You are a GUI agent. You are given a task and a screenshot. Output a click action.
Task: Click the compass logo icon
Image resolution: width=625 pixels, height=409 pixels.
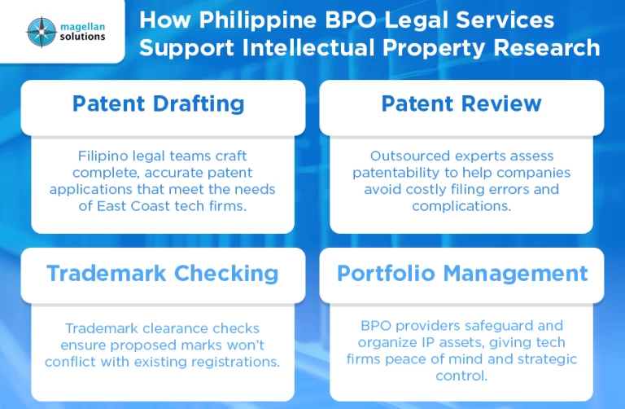pyautogui.click(x=42, y=33)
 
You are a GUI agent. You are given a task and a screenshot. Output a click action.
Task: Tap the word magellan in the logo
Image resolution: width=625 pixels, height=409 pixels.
pyautogui.click(x=82, y=27)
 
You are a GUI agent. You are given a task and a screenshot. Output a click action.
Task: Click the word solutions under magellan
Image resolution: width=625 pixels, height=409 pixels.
pyautogui.click(x=82, y=37)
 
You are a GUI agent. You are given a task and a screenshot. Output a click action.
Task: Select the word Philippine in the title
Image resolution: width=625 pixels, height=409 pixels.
pyautogui.click(x=257, y=20)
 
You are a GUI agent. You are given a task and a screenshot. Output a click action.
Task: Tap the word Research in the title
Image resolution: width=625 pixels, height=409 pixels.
pyautogui.click(x=547, y=48)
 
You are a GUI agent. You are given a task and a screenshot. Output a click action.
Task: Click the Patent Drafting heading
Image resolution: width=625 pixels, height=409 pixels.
pyautogui.click(x=158, y=103)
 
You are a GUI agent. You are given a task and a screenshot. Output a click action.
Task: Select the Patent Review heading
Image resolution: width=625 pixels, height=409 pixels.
pyautogui.click(x=461, y=103)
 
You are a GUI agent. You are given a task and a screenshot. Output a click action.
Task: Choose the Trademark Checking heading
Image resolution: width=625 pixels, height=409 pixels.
pyautogui.click(x=162, y=273)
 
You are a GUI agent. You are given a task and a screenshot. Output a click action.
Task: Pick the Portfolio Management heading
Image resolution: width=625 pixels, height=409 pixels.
pyautogui.click(x=462, y=274)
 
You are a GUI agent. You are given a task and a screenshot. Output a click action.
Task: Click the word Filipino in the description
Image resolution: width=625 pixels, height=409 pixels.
pyautogui.click(x=103, y=156)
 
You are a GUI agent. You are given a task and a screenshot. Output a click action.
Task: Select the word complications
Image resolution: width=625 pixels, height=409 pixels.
pyautogui.click(x=461, y=206)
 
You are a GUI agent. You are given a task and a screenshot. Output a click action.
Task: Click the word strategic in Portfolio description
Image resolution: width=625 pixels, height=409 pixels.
pyautogui.click(x=547, y=359)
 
